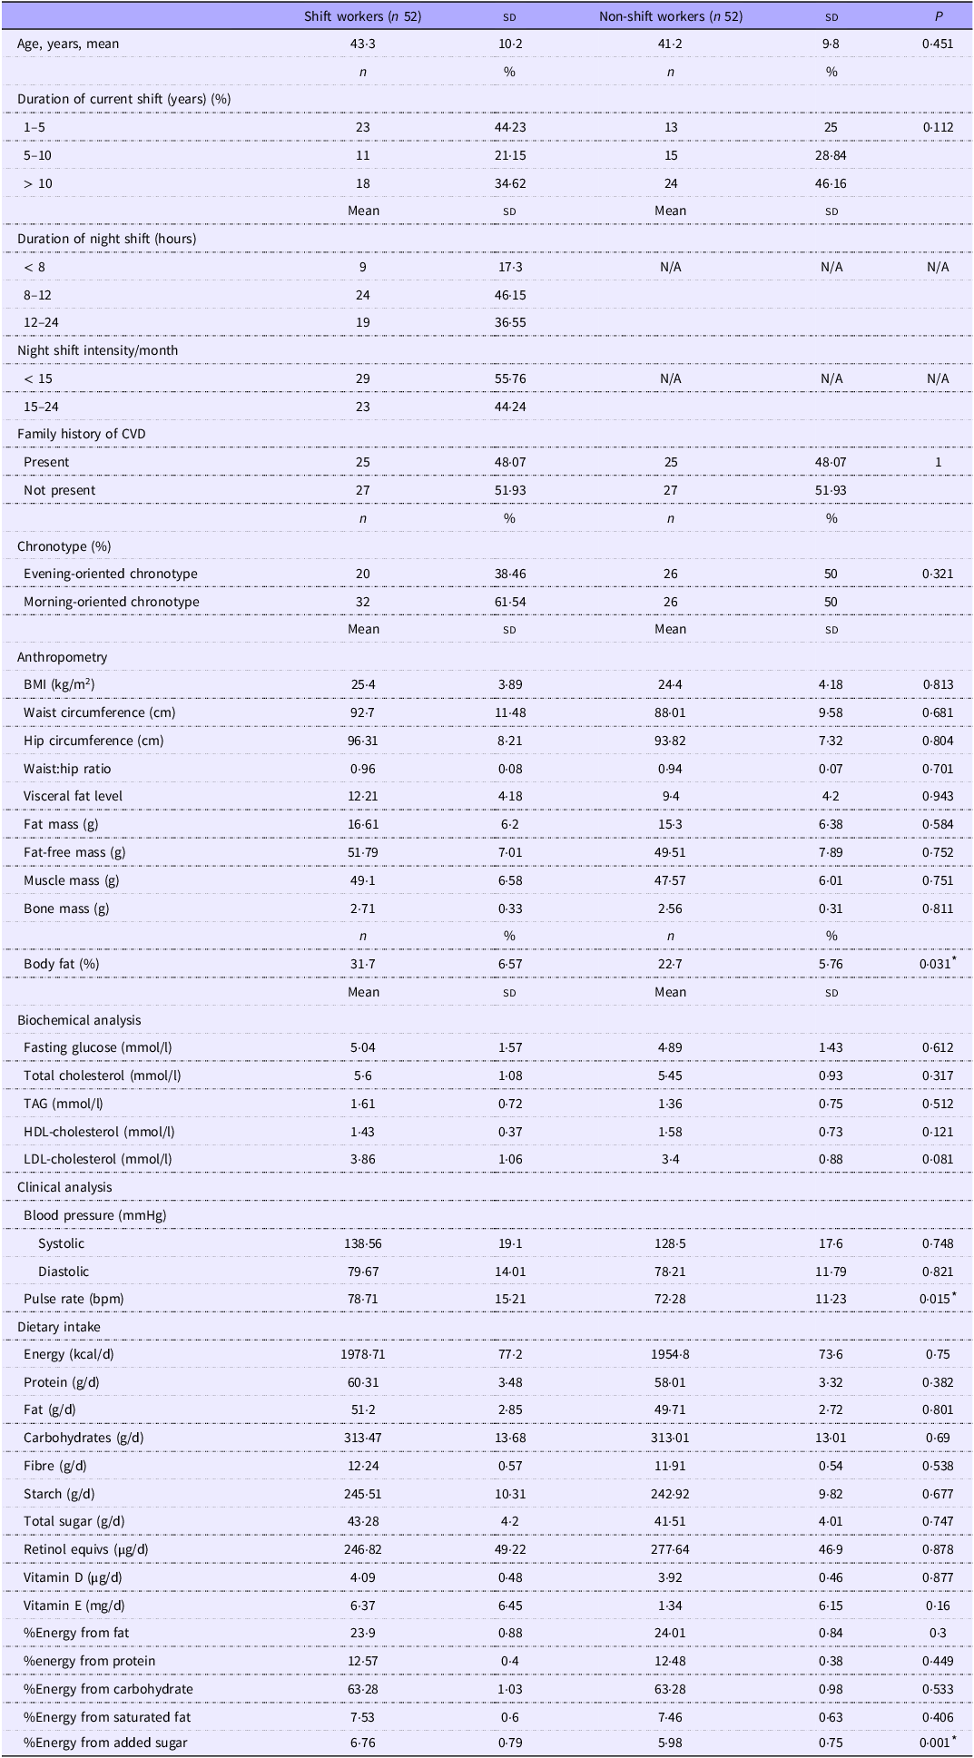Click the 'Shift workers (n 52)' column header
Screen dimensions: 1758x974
pos(362,16)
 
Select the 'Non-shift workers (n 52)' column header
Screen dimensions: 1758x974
pos(670,16)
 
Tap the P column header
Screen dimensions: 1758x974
pos(938,16)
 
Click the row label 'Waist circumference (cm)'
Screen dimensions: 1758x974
pos(99,712)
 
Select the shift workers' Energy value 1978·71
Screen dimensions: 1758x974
pos(362,1354)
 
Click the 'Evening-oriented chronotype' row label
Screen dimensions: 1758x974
pos(110,574)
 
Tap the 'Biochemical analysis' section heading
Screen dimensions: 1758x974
pos(79,1020)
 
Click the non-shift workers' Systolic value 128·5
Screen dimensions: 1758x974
pos(670,1243)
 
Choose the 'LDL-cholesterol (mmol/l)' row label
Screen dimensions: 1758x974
pos(99,1159)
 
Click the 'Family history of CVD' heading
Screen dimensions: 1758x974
pos(81,434)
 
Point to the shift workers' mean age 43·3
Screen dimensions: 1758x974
pos(362,44)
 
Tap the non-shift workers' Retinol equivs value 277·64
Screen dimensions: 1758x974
pos(670,1549)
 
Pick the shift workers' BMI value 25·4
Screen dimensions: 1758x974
pos(362,685)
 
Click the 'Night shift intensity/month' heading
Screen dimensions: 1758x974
pos(97,350)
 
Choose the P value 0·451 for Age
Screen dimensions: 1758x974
pos(938,44)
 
